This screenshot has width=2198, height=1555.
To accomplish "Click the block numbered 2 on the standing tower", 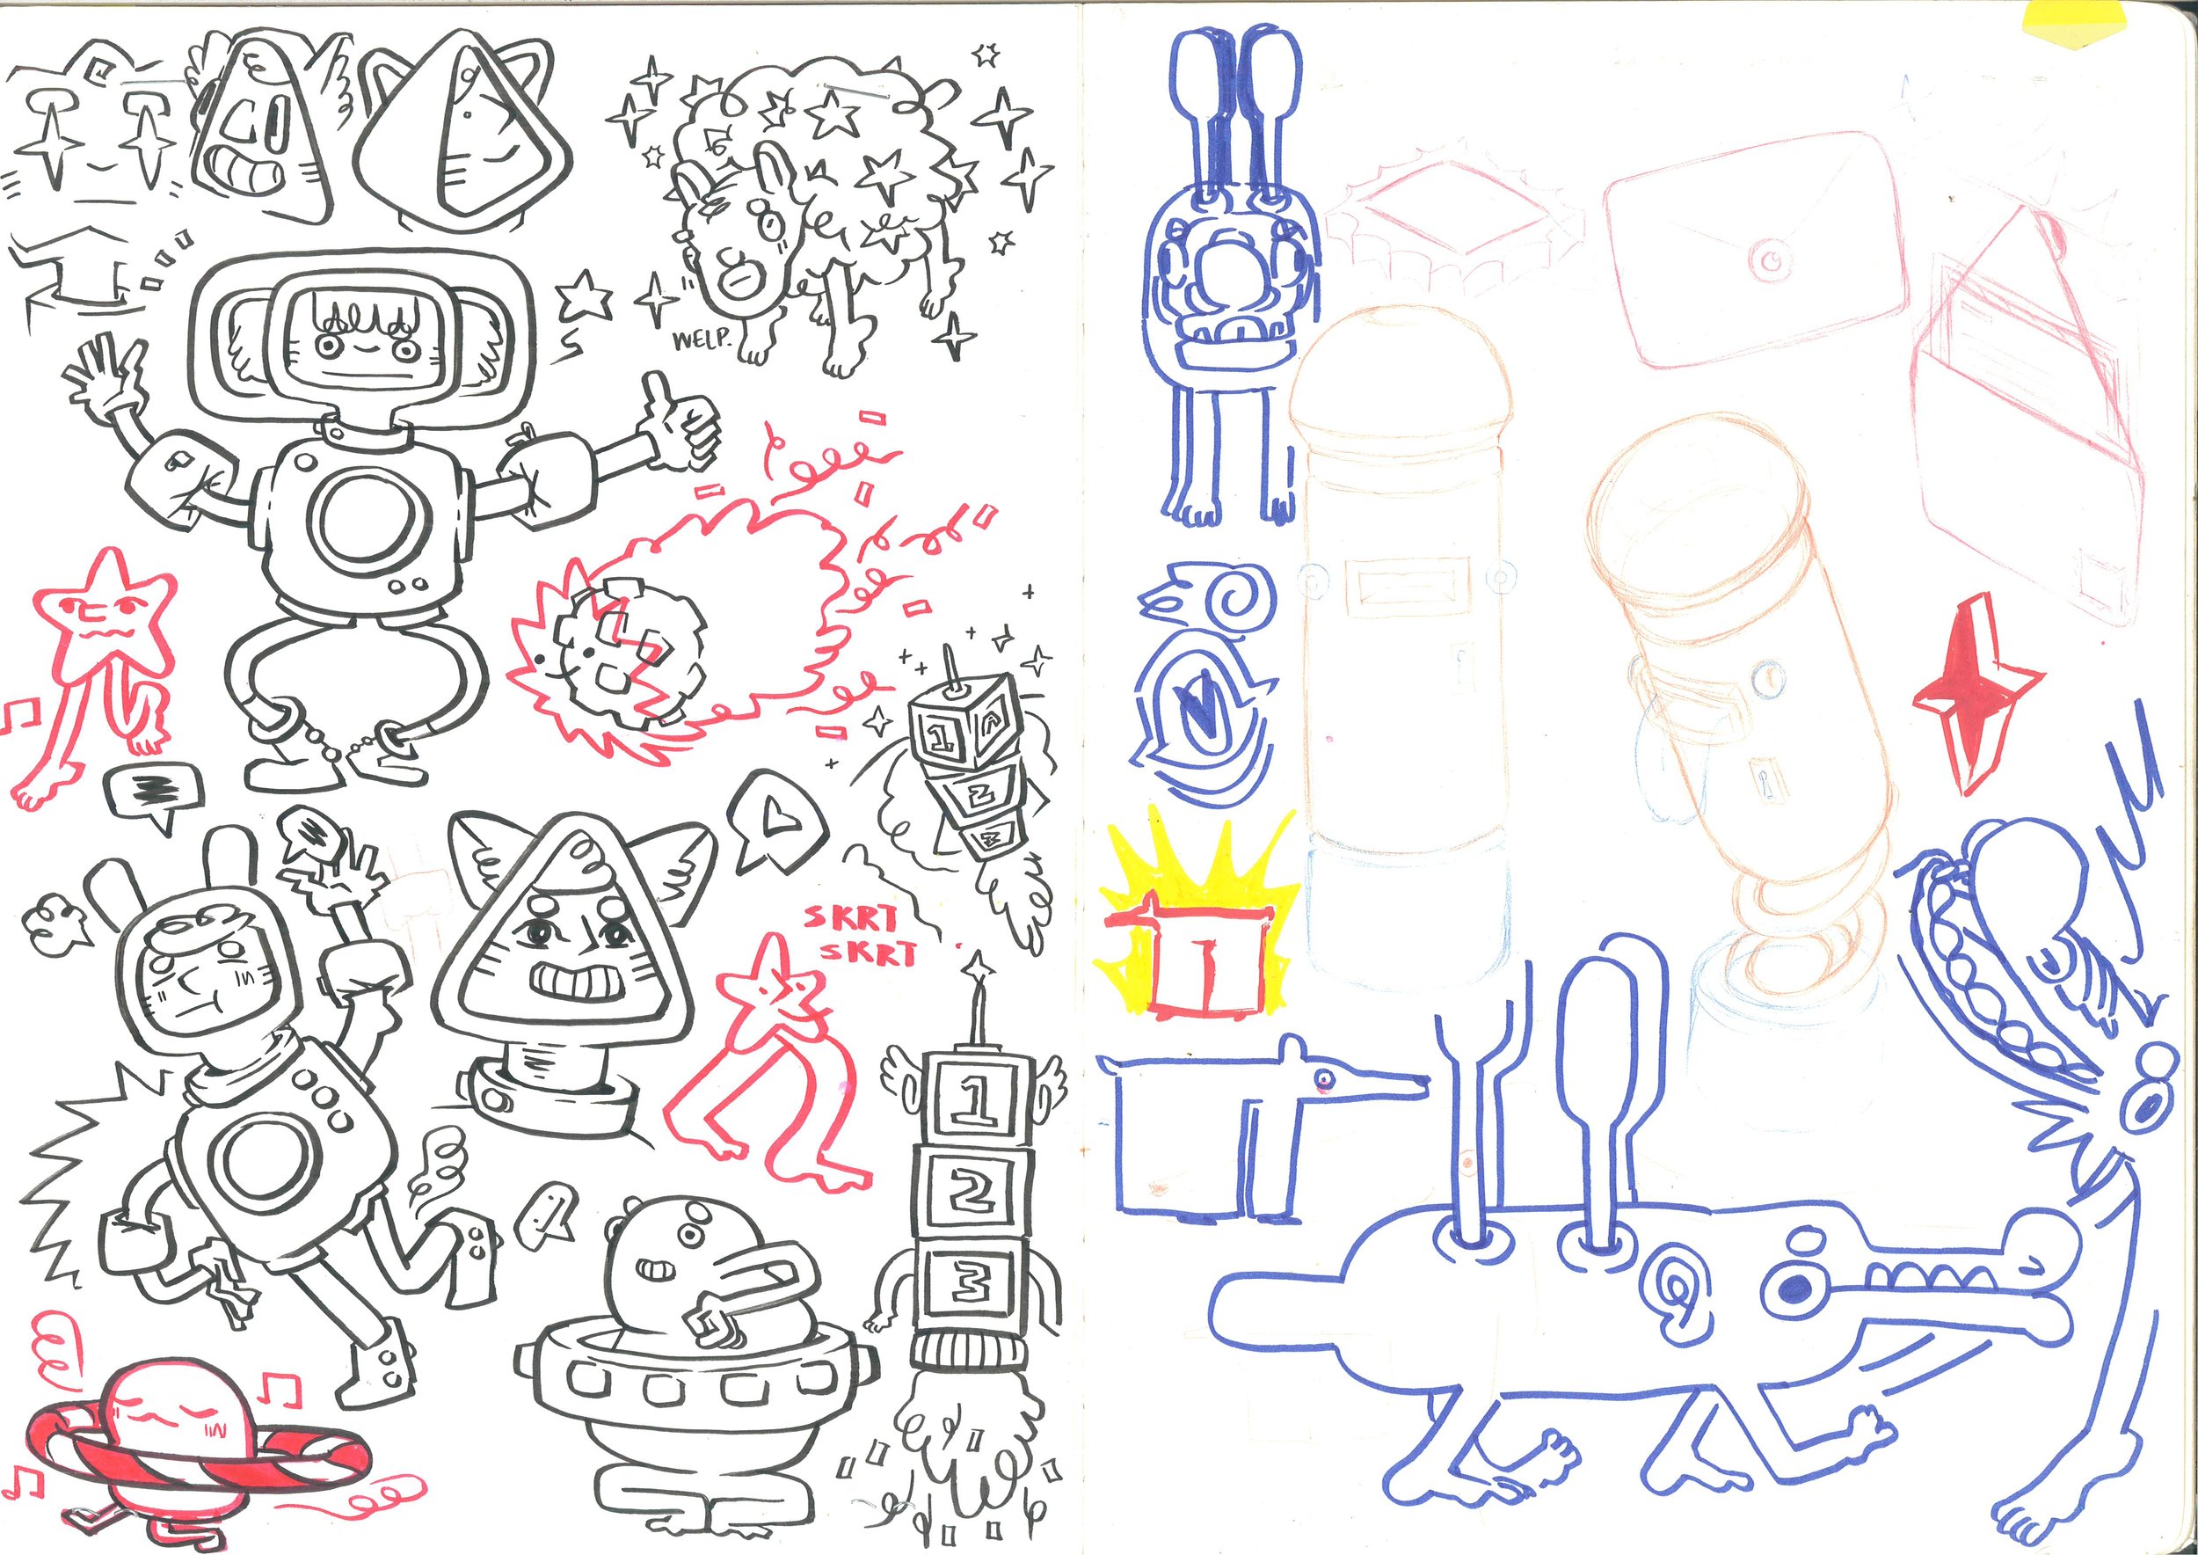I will (971, 1190).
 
